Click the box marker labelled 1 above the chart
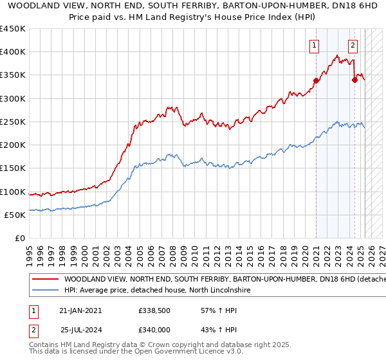[x=314, y=45]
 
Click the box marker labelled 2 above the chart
[x=353, y=45]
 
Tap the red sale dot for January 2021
[x=316, y=81]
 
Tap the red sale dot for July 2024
[x=354, y=80]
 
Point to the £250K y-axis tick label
[x=13, y=122]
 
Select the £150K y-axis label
[x=13, y=168]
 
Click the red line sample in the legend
[x=44, y=280]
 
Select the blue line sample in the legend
[x=44, y=291]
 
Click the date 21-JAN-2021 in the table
[x=80, y=310]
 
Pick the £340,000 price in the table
[x=154, y=329]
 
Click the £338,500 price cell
[x=154, y=310]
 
